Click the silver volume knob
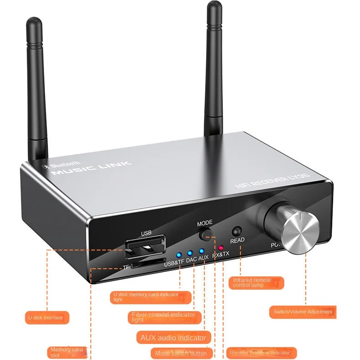[299, 230]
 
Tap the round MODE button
[206, 235]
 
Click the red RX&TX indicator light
[221, 248]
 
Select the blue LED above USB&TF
[179, 255]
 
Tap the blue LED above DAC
[190, 252]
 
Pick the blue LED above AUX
[201, 251]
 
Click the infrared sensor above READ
[236, 231]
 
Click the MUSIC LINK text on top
[91, 168]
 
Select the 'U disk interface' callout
[47, 318]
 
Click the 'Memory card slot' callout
[67, 352]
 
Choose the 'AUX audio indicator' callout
[173, 338]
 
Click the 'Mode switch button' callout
[181, 353]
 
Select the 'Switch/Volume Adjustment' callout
[303, 312]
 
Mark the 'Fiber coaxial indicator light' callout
[164, 317]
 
